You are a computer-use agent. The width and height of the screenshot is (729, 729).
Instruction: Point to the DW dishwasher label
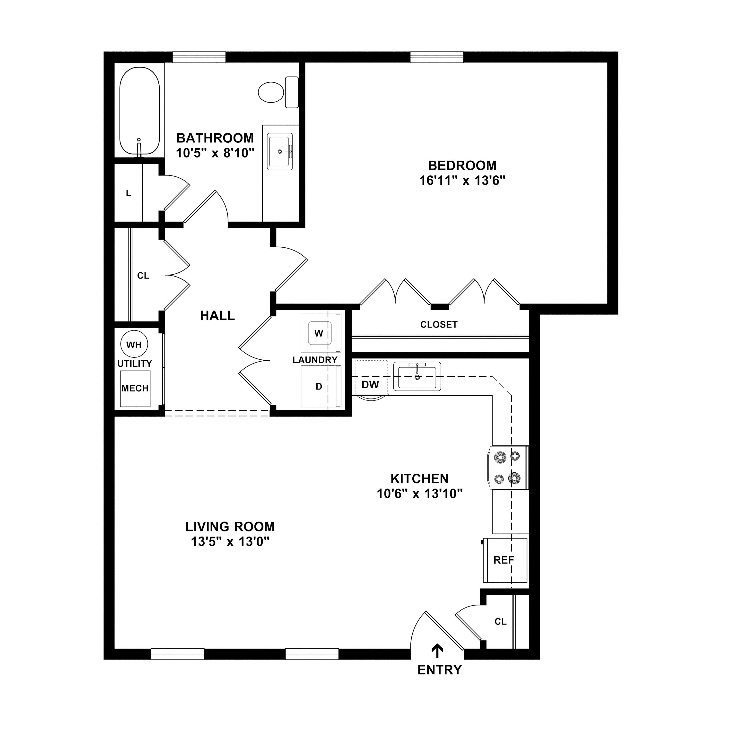370,384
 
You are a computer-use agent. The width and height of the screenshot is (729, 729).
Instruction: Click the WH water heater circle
134,345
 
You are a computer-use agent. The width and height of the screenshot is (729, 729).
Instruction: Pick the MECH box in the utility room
135,389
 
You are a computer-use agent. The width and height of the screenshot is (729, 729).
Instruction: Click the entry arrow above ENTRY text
437,650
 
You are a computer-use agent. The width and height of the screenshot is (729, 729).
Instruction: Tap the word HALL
217,315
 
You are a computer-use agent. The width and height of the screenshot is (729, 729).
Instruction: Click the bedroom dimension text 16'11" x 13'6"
462,181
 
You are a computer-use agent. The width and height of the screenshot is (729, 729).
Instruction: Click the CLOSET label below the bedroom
439,324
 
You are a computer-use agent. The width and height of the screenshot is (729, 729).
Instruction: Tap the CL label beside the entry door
500,621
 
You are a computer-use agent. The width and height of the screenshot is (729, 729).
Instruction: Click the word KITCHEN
420,479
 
